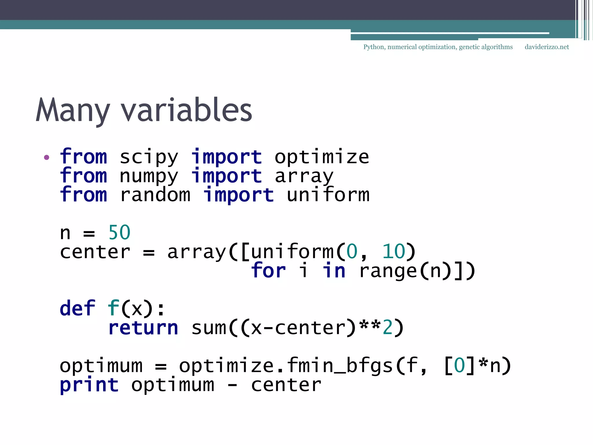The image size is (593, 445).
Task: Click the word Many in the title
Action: (73, 110)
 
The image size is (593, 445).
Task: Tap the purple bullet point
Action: (47, 158)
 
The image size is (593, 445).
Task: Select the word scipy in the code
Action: (149, 158)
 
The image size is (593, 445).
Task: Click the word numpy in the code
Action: (149, 177)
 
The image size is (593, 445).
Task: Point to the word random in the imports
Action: (155, 195)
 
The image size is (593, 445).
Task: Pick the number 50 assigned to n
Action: (119, 233)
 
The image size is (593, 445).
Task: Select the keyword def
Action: (77, 308)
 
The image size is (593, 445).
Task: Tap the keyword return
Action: (143, 328)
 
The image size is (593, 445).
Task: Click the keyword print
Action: (89, 385)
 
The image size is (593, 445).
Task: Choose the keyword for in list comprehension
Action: (268, 271)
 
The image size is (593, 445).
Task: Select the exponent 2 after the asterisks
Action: (388, 328)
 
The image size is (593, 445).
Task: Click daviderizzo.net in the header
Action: (547, 47)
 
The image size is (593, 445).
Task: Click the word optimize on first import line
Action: (322, 158)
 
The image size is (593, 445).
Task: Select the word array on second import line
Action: (304, 177)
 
